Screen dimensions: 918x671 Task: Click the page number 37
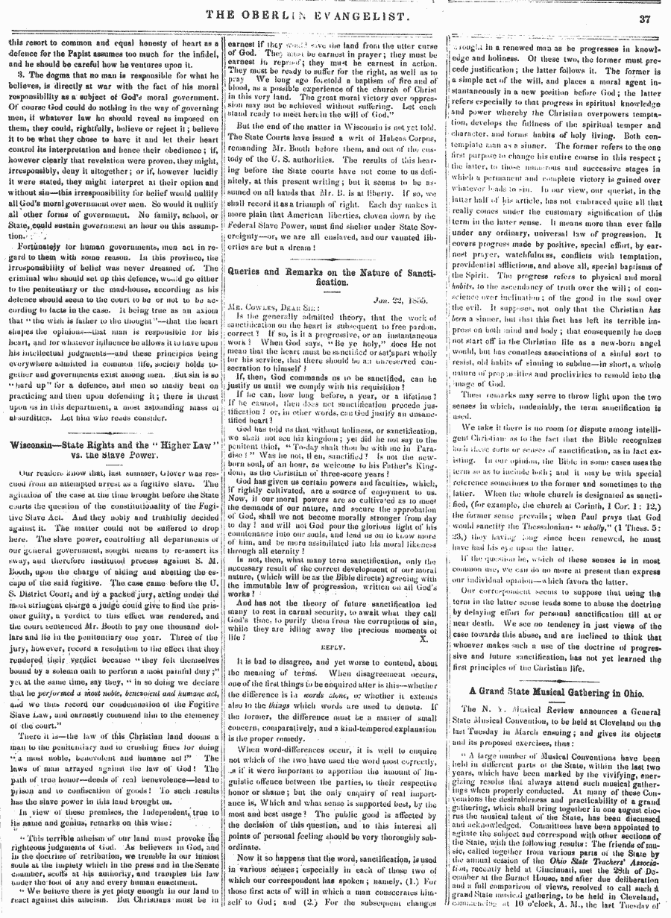coord(645,18)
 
